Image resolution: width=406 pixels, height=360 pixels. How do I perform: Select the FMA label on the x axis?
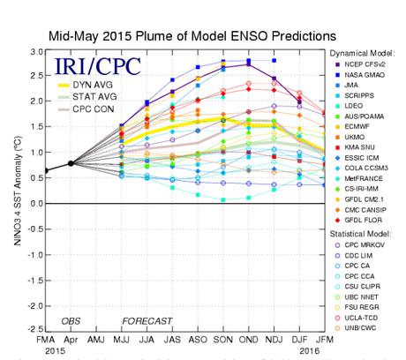46,340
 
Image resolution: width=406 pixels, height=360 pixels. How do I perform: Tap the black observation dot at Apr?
71,163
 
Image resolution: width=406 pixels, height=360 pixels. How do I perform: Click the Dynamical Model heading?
364,54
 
